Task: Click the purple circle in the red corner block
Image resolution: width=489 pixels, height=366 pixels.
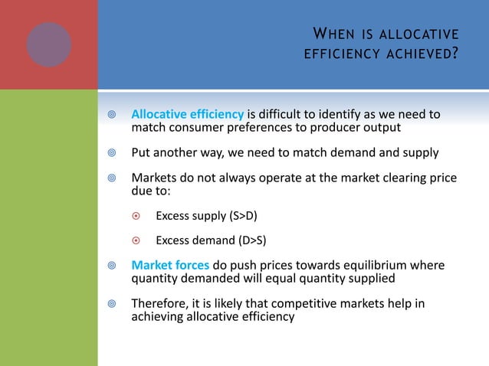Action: point(49,44)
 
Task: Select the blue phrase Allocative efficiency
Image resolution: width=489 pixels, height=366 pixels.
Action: point(187,115)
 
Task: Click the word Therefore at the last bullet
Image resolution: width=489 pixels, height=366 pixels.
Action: point(159,303)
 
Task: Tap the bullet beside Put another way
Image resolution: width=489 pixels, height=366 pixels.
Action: point(111,152)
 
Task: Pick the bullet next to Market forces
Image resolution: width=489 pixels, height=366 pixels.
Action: point(111,266)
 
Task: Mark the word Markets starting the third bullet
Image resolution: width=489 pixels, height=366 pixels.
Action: point(155,178)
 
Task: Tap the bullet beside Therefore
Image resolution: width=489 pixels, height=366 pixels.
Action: point(111,303)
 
